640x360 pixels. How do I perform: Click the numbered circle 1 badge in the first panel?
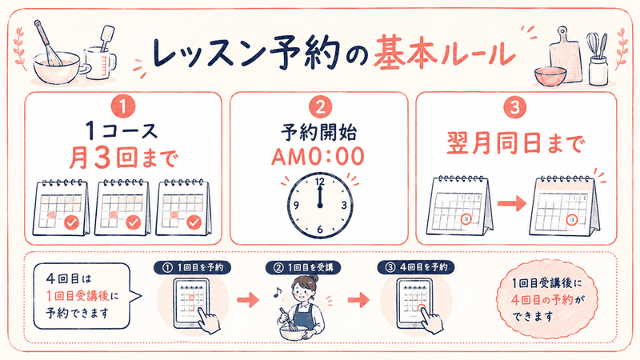point(123,107)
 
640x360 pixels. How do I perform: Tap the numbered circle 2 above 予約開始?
point(320,107)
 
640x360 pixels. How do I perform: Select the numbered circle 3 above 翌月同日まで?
point(515,107)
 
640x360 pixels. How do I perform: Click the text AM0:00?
point(318,157)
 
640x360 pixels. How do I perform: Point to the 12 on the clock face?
point(320,182)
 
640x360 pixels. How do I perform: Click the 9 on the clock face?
point(296,205)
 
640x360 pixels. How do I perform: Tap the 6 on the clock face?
point(319,230)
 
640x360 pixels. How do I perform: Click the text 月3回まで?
point(123,158)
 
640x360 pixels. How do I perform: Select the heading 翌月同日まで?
point(515,143)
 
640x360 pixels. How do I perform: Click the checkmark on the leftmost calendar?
point(72,223)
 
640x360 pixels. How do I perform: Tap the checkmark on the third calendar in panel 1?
point(194,223)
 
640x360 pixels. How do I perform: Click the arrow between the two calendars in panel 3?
point(512,203)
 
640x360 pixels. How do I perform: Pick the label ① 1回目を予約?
point(193,267)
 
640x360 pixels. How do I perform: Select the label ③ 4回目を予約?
point(416,267)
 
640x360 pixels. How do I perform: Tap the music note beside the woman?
point(277,292)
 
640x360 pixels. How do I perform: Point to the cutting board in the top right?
point(566,54)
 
